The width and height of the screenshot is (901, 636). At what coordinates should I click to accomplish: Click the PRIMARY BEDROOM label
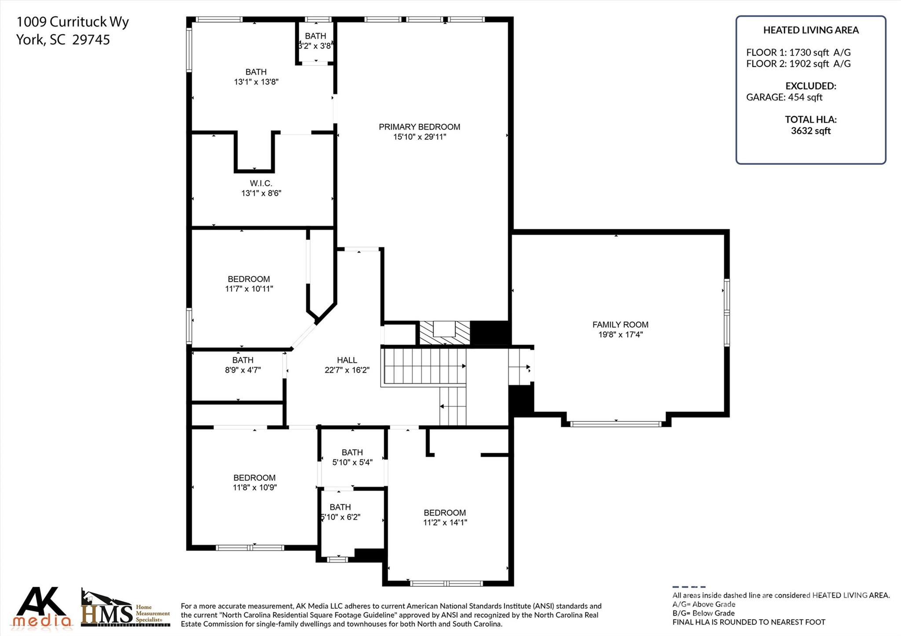point(419,127)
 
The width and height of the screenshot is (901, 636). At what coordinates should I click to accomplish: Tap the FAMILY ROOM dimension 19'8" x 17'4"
point(620,334)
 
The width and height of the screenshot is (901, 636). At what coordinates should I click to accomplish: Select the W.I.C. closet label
point(261,183)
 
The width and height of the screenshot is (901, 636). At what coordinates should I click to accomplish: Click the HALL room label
point(347,360)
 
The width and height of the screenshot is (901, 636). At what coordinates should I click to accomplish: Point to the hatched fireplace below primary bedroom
point(444,333)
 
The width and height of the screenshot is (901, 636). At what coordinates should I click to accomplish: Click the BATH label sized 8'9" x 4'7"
point(243,360)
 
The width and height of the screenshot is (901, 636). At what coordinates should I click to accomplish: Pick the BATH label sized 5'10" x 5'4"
point(352,452)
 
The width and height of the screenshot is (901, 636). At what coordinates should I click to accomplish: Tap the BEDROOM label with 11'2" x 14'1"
point(444,512)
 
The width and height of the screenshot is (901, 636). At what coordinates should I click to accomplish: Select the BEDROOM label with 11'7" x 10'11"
point(249,279)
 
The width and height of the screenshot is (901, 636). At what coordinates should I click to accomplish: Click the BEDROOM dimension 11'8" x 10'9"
point(254,487)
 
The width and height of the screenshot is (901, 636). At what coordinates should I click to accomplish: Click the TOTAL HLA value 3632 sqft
point(810,131)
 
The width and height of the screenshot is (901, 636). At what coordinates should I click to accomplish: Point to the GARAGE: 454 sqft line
point(784,97)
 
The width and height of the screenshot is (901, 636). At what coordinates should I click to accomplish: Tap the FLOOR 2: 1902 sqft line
point(798,64)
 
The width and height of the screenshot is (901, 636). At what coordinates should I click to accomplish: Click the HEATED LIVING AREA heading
point(810,30)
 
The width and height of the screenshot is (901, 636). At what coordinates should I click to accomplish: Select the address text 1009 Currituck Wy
point(73,22)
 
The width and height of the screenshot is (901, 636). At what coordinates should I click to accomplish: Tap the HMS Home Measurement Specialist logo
point(125,609)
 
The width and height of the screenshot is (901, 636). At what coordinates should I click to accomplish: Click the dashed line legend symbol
point(689,587)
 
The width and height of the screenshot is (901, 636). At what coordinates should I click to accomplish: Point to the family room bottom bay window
point(615,424)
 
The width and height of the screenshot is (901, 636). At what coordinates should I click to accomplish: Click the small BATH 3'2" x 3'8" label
point(315,36)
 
